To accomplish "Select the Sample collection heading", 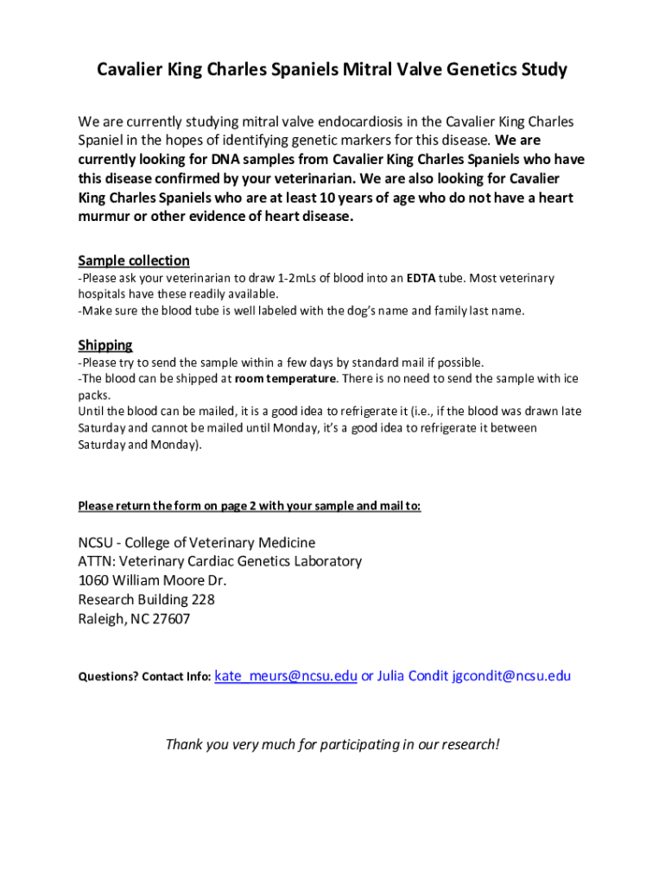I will click(x=134, y=261).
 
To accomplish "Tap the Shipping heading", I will click(x=105, y=345).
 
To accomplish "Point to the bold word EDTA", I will click(x=421, y=279).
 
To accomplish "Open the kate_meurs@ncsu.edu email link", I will click(x=285, y=676).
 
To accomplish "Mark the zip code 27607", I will click(x=170, y=619).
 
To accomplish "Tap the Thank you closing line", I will click(x=332, y=744).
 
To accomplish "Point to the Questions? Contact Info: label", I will click(x=144, y=678).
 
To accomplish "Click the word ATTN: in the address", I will click(x=96, y=562).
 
